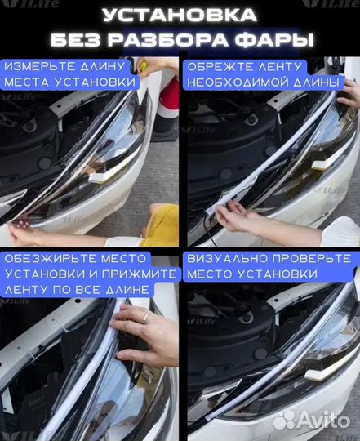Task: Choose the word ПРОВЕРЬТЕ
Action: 307,257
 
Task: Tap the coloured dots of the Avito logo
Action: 283,420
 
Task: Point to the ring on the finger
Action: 145,317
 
